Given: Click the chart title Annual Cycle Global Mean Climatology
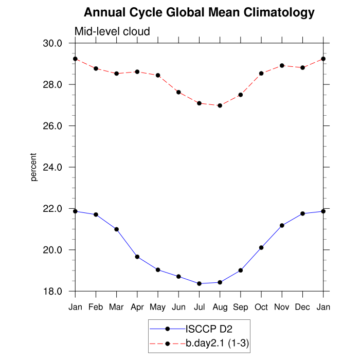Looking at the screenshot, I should (x=199, y=12).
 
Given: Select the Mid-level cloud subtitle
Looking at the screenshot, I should (x=112, y=32).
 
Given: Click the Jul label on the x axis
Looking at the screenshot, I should (x=199, y=307).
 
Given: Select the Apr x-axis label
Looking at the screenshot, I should (x=137, y=307).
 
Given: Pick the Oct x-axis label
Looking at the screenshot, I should (x=261, y=307).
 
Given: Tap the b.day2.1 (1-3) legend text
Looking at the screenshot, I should (x=218, y=343).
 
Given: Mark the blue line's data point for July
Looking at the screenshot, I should (x=199, y=283).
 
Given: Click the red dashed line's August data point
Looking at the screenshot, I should (x=220, y=105).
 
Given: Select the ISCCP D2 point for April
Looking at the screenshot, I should (x=137, y=257).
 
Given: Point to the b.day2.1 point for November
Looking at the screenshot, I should (x=282, y=66).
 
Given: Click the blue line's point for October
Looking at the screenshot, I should (x=261, y=247).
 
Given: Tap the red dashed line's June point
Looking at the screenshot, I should (x=178, y=92).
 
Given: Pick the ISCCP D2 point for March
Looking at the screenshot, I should (x=117, y=229).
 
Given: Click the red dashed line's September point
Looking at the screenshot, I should (x=241, y=95).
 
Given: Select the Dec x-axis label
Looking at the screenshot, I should (x=302, y=307).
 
